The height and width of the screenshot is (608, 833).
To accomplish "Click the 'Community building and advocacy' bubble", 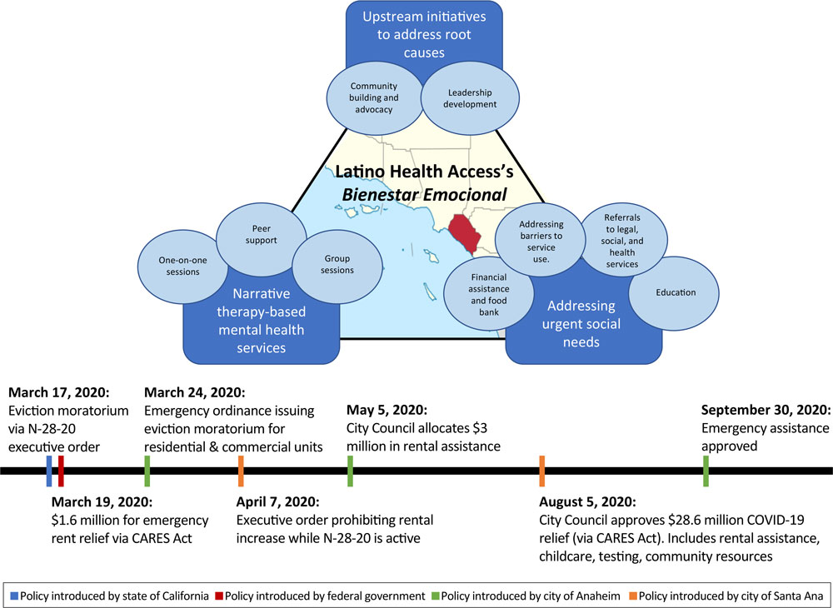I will pyautogui.click(x=372, y=98).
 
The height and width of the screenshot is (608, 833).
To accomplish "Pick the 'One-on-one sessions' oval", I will pyautogui.click(x=179, y=266).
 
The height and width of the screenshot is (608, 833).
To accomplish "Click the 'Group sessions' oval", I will pyautogui.click(x=337, y=265).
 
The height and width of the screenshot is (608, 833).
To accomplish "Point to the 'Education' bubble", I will pyautogui.click(x=675, y=293).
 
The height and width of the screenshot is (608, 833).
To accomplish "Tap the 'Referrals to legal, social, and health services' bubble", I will pyautogui.click(x=621, y=241).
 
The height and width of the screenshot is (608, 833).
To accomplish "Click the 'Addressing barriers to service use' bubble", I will pyautogui.click(x=541, y=242).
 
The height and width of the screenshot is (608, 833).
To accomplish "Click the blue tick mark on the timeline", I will pyautogui.click(x=49, y=471).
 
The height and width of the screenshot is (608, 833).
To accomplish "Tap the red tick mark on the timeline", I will pyautogui.click(x=61, y=471).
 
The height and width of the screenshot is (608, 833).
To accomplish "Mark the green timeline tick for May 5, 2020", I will pyautogui.click(x=351, y=471).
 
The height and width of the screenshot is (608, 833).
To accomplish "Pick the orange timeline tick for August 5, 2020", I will pyautogui.click(x=542, y=471).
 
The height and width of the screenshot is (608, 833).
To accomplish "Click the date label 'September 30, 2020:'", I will pyautogui.click(x=765, y=410).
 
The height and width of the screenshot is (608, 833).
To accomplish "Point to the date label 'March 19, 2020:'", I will pyautogui.click(x=102, y=502).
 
